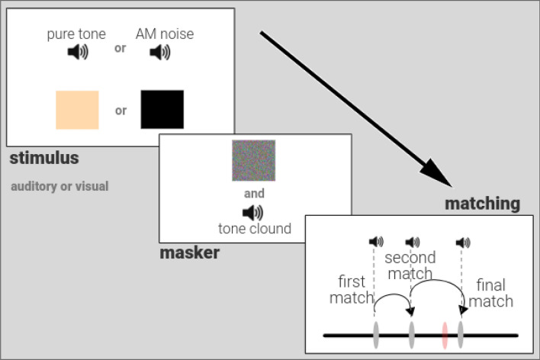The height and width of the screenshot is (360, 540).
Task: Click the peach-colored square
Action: (x=77, y=109)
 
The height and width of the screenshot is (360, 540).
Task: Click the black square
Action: (x=162, y=109)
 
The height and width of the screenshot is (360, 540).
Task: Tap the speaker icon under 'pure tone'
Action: (x=78, y=52)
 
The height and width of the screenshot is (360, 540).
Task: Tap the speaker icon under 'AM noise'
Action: (x=160, y=52)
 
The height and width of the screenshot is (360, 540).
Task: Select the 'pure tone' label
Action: (x=77, y=34)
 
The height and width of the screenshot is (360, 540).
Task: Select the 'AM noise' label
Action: (x=164, y=34)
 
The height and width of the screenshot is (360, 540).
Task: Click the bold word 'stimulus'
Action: (x=44, y=159)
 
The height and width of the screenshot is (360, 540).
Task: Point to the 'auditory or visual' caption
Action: (x=59, y=186)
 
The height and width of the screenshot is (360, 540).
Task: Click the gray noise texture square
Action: (x=253, y=160)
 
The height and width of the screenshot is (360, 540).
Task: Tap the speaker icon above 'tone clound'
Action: (x=252, y=213)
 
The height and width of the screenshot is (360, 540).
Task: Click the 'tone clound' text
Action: (x=255, y=228)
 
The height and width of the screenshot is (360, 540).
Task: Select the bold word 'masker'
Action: (x=189, y=252)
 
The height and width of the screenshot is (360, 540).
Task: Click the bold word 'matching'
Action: (x=483, y=204)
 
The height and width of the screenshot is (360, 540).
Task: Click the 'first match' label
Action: (x=352, y=290)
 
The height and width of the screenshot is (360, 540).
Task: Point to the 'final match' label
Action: (x=490, y=294)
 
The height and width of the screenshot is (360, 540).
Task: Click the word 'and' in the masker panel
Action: (x=254, y=194)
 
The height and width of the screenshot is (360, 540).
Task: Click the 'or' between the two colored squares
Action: (x=121, y=110)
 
